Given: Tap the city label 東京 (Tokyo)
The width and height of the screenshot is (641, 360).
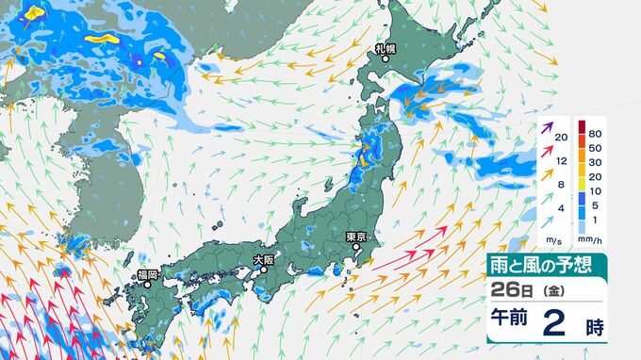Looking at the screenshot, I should click(x=355, y=236).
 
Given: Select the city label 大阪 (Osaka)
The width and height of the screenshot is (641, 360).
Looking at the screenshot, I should click(x=263, y=258).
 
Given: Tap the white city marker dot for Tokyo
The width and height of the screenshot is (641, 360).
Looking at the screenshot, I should click(x=356, y=248).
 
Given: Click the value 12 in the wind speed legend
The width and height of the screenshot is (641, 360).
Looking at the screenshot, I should click(x=561, y=160).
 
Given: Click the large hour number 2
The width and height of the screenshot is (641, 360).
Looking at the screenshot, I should click(x=555, y=324).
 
